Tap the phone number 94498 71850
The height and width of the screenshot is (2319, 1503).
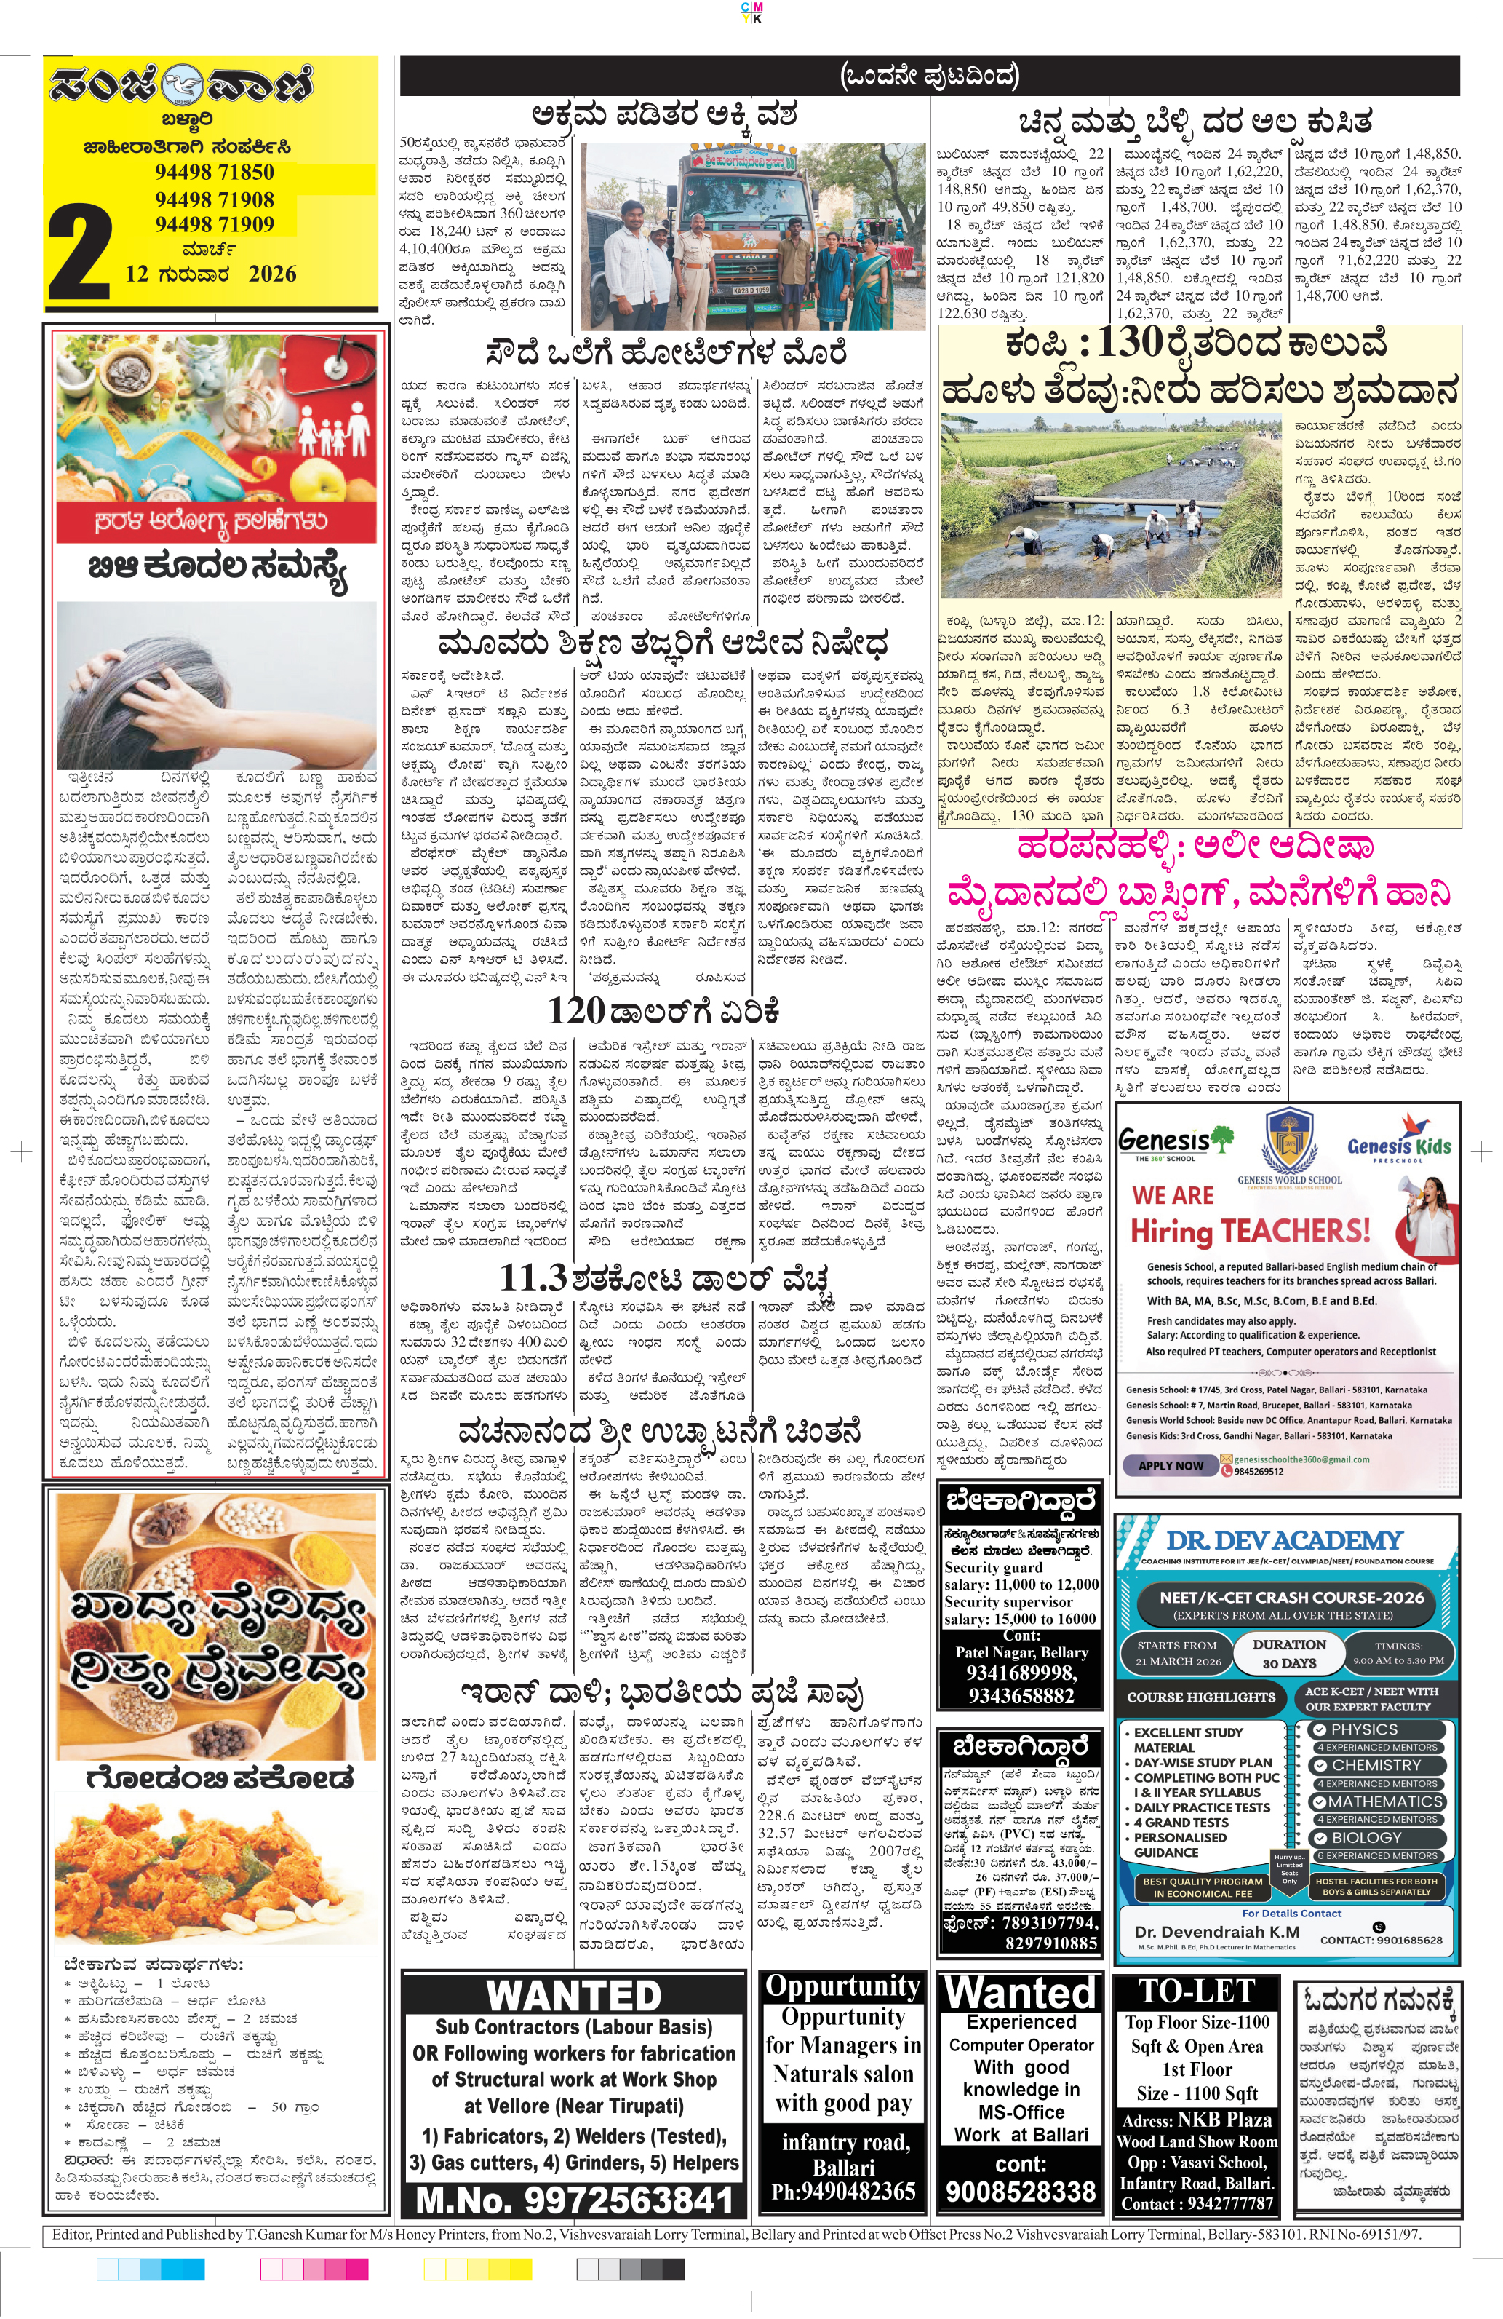click(215, 173)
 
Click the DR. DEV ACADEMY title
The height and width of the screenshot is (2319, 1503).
click(1284, 1540)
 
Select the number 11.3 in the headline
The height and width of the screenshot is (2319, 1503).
click(533, 1277)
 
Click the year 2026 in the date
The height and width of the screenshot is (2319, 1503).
click(272, 274)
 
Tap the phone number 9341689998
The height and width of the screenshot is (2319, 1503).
click(1020, 1673)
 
